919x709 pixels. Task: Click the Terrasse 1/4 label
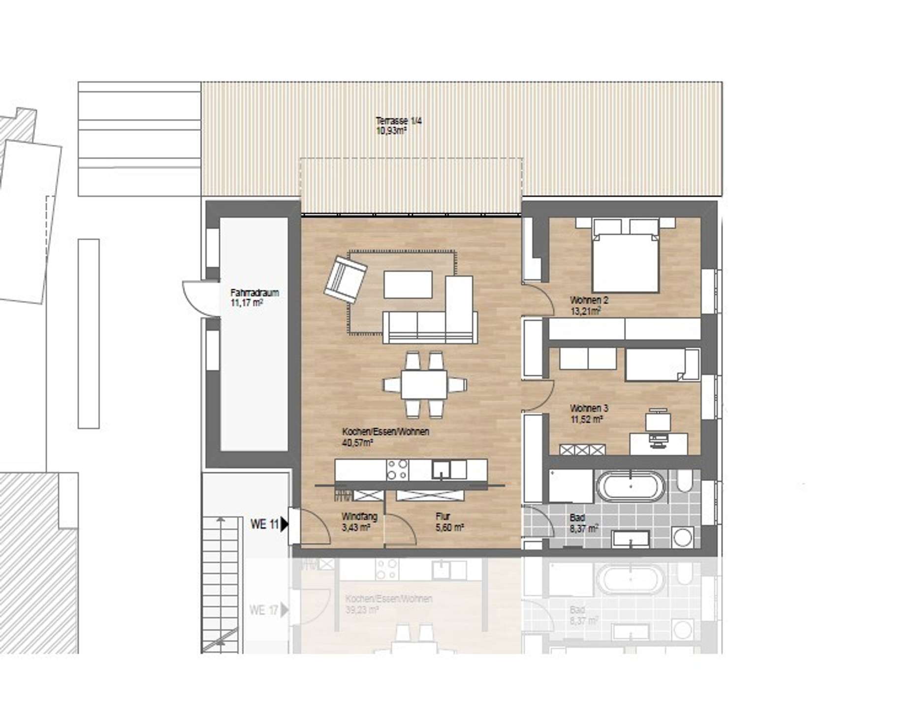[398, 126]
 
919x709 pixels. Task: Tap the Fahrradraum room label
[254, 297]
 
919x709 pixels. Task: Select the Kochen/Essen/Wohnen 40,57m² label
[385, 437]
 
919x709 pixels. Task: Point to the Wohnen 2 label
[589, 305]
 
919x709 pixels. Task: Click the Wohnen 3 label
[589, 414]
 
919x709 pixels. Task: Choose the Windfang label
[359, 522]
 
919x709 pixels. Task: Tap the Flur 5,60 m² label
[449, 522]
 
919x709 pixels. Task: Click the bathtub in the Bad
[631, 486]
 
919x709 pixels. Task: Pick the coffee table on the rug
[408, 284]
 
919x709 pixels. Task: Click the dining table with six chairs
[424, 385]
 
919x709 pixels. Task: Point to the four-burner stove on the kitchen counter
[397, 469]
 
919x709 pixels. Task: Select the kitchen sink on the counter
[442, 469]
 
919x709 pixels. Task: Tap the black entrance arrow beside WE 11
[284, 524]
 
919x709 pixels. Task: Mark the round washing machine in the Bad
[682, 537]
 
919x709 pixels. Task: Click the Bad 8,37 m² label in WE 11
[584, 523]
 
